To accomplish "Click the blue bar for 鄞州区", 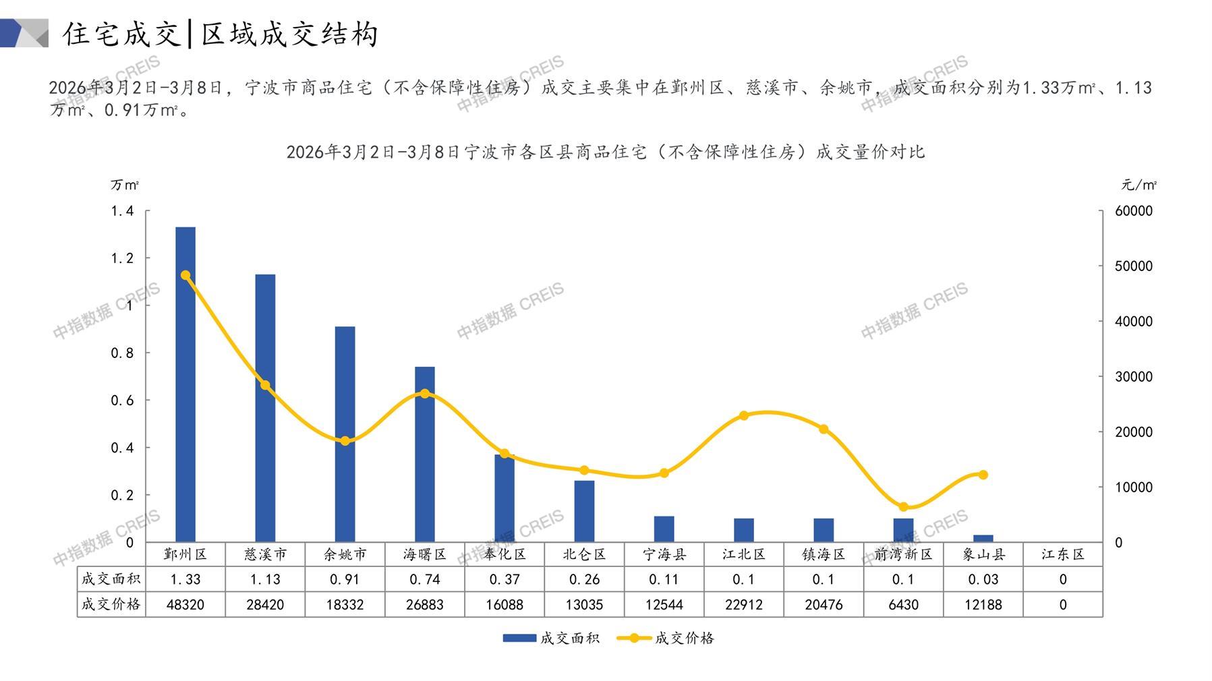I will click(185, 384).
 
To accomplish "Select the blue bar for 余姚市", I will click(345, 434).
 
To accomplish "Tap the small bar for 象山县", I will click(983, 538).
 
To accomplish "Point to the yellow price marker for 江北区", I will click(744, 416).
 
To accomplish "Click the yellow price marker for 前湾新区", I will click(903, 507).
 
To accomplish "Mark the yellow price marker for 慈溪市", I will click(265, 386).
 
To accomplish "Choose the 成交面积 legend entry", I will click(551, 638).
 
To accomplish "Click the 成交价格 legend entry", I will click(666, 638).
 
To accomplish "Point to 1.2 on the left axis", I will click(122, 258).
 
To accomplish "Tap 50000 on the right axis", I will click(1134, 266).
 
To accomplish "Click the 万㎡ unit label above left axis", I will click(125, 185).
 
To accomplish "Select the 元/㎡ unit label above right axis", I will click(1139, 185).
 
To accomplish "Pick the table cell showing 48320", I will click(185, 605).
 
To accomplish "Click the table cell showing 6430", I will click(903, 605).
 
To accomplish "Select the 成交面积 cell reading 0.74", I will click(425, 579).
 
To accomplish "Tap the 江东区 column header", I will click(1062, 554).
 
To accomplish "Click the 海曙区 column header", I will click(425, 554).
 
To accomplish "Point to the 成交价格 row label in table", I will click(111, 605).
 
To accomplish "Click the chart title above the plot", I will click(605, 152).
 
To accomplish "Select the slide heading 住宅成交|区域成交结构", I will click(221, 34).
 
